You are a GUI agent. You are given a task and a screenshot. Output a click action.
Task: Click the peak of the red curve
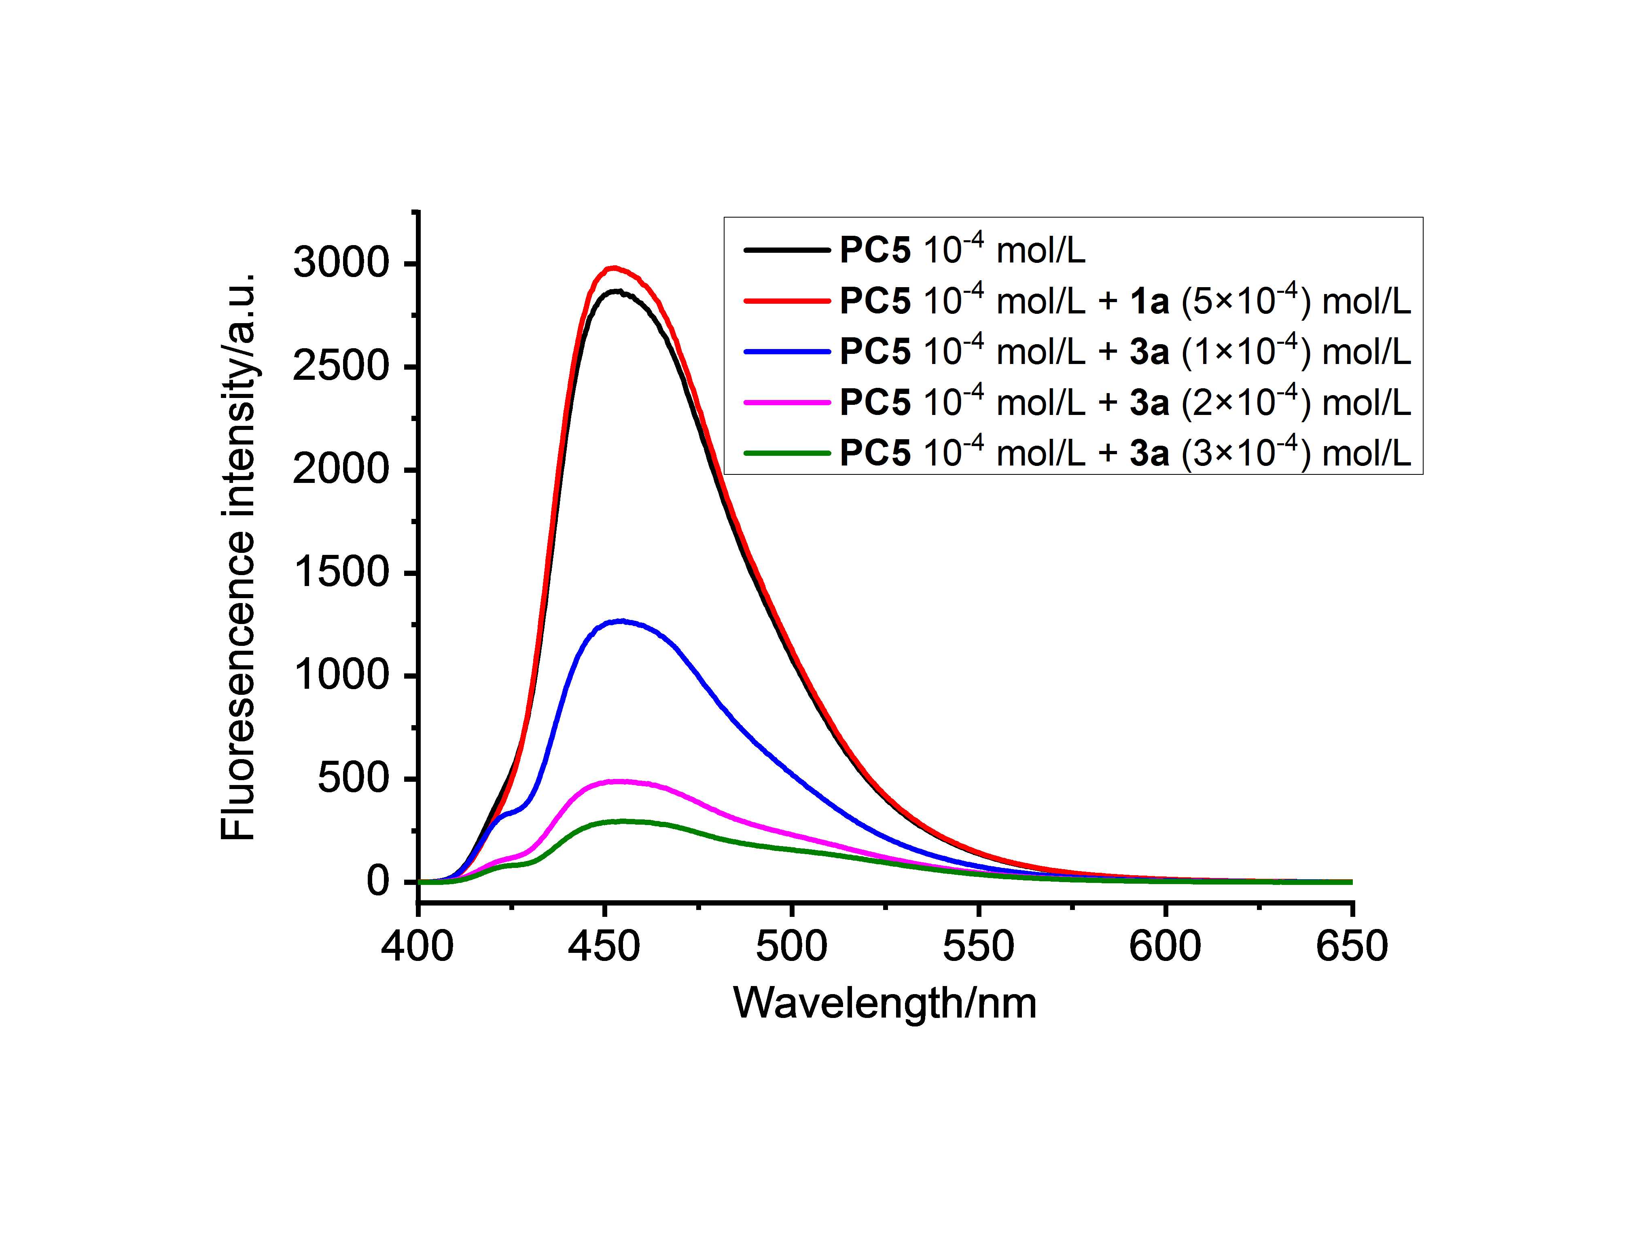pos(614,268)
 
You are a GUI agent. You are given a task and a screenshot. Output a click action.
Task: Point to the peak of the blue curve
pos(621,621)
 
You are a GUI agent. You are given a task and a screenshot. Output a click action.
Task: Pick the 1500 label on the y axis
pos(341,572)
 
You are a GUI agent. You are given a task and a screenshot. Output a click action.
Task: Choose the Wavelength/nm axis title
pos(885,1003)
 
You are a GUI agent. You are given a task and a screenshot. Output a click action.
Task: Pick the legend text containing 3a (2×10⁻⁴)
pos(1124,402)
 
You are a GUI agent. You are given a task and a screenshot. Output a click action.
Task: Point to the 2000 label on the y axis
pos(341,470)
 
